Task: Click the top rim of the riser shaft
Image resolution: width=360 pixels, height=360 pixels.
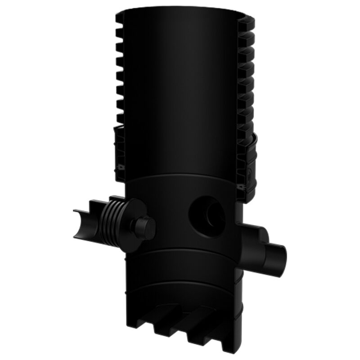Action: (x=180, y=10)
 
